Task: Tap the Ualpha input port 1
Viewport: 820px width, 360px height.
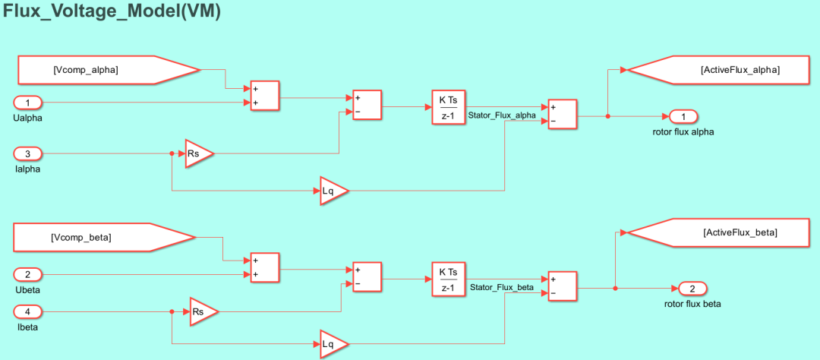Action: (28, 103)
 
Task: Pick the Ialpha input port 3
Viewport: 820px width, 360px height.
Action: (28, 154)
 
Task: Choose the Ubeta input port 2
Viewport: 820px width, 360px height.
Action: (28, 273)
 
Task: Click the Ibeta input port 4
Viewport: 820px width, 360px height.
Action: (28, 312)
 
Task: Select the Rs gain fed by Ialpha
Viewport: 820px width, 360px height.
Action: (199, 154)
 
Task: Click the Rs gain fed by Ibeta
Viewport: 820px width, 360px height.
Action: (203, 312)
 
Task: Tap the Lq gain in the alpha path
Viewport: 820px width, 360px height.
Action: (333, 191)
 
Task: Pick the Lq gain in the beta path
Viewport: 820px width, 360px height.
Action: (333, 344)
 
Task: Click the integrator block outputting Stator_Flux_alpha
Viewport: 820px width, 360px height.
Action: (448, 107)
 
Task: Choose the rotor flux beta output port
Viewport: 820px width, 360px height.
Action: (692, 289)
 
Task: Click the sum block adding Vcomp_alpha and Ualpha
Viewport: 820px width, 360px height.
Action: (265, 96)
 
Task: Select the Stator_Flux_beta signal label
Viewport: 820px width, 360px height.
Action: (502, 287)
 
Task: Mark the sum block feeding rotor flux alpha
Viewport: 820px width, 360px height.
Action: (562, 114)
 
